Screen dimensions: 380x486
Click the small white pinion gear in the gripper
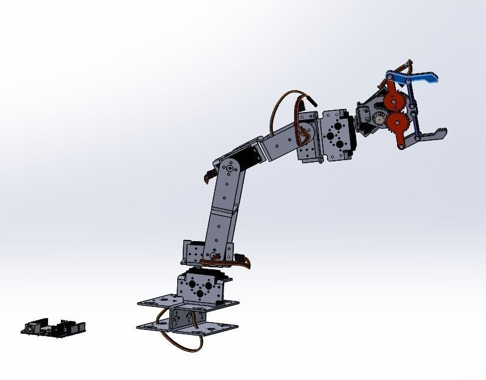click(381, 119)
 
